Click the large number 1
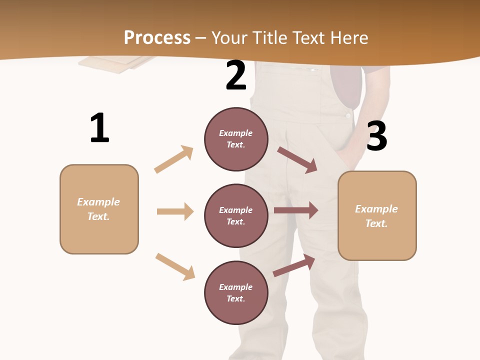[x=99, y=128]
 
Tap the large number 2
[x=236, y=75]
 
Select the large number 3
[x=377, y=136]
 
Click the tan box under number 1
[x=99, y=209]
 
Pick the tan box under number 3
[x=377, y=215]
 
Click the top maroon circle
[x=236, y=139]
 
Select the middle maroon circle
[x=236, y=215]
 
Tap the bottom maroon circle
[x=236, y=292]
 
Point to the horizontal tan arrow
[x=175, y=211]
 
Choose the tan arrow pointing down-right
[x=175, y=266]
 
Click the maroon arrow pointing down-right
[x=297, y=159]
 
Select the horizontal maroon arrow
[x=296, y=210]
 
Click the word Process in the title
[x=157, y=37]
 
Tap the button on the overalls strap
[x=348, y=115]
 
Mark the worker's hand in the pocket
[x=350, y=150]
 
